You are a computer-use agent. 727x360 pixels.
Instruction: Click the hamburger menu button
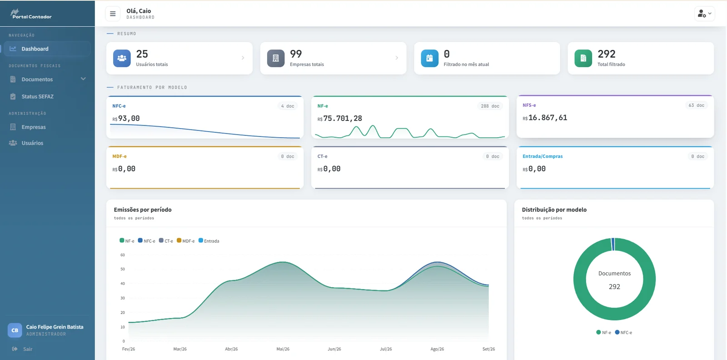coord(113,14)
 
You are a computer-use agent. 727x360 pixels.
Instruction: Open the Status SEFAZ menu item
coord(37,96)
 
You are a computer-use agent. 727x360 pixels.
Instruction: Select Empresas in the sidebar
coord(34,127)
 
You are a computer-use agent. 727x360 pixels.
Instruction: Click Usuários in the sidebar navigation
coord(32,143)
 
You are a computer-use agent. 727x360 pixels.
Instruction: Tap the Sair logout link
coord(28,349)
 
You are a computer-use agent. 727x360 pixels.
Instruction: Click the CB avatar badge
coord(15,330)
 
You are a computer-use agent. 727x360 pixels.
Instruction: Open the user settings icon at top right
coord(705,14)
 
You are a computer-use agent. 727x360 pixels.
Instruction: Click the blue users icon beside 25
coord(122,58)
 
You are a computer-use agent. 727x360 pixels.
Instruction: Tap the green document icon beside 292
coord(583,58)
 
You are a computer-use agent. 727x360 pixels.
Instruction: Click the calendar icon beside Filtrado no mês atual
coord(430,58)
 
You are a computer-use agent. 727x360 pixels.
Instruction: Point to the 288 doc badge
coord(490,106)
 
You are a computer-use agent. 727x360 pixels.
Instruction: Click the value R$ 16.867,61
coord(545,118)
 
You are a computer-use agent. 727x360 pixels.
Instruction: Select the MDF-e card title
coord(120,156)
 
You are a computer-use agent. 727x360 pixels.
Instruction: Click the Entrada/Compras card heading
coord(543,156)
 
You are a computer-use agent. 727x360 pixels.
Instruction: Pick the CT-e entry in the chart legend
coord(166,241)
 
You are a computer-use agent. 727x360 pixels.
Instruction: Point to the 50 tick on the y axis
coord(122,269)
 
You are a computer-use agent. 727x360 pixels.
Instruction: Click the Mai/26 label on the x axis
coord(283,349)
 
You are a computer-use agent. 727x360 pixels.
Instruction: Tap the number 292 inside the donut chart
coord(614,287)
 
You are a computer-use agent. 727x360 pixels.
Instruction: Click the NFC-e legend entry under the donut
coord(623,332)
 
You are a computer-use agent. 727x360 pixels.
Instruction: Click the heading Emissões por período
coord(143,210)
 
